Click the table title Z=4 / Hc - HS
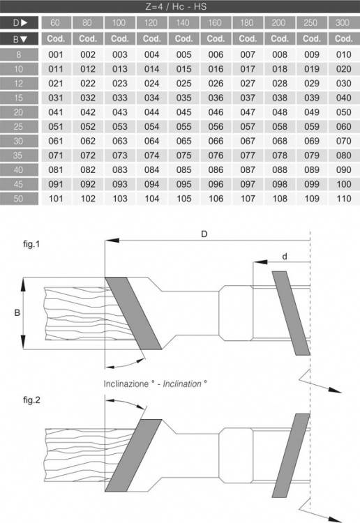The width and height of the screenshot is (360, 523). click(x=176, y=6)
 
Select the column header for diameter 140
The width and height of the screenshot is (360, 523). click(x=183, y=23)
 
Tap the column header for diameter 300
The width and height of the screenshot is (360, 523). click(x=343, y=23)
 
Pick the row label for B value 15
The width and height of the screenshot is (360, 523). click(x=19, y=98)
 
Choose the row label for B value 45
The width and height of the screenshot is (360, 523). click(x=19, y=184)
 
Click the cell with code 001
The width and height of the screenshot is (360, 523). click(x=56, y=54)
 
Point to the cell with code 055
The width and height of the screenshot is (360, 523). click(x=183, y=127)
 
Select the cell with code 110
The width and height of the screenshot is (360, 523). click(x=344, y=199)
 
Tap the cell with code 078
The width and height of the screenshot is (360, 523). click(x=280, y=156)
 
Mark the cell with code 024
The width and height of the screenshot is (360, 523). click(x=151, y=84)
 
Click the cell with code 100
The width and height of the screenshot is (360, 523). click(x=344, y=184)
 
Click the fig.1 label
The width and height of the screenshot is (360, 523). click(x=31, y=244)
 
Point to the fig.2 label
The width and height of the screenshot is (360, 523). click(x=31, y=400)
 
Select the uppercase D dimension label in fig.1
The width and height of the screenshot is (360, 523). click(x=204, y=234)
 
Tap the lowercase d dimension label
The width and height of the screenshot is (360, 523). click(x=284, y=256)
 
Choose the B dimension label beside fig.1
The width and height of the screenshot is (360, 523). click(x=17, y=313)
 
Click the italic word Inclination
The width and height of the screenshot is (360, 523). click(x=182, y=384)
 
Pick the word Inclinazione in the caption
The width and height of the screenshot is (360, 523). click(x=126, y=384)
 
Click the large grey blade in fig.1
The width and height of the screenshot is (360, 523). click(x=133, y=313)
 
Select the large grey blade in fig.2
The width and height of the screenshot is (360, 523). click(x=133, y=455)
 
